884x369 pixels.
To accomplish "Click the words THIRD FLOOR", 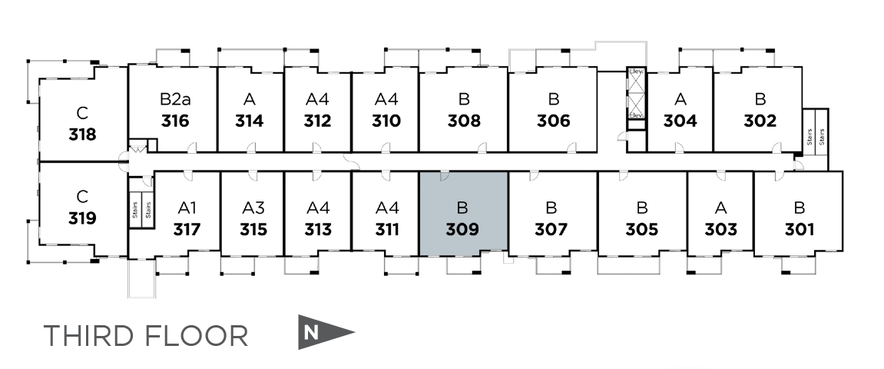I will tap(146, 336).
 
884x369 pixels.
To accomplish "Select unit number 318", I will tap(82, 135).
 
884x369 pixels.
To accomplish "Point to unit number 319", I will tap(82, 218).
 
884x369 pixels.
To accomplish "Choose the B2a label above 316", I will tap(175, 99).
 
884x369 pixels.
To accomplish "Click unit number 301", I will tap(800, 229).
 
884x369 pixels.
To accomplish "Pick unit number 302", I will tap(760, 121).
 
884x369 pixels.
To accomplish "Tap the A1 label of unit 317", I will tap(187, 208).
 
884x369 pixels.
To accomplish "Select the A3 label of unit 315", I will tap(253, 208).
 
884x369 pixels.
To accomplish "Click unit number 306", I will tap(553, 121).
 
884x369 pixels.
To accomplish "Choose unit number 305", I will tap(642, 229).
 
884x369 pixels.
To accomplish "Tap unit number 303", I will tap(720, 229).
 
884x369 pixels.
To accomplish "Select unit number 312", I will tap(317, 121).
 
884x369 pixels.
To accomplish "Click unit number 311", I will tap(387, 229).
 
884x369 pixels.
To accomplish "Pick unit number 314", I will tap(249, 121).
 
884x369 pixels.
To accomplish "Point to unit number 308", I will tap(463, 121).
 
